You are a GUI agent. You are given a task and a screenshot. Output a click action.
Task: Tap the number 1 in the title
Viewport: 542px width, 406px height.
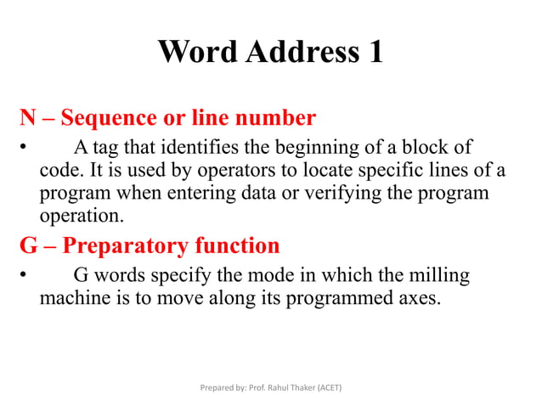[x=374, y=53]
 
